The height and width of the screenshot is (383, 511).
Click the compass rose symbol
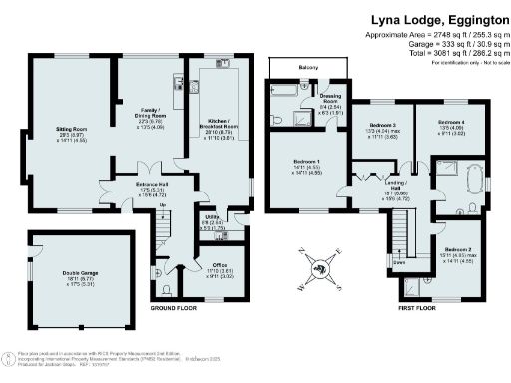(x=320, y=266)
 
